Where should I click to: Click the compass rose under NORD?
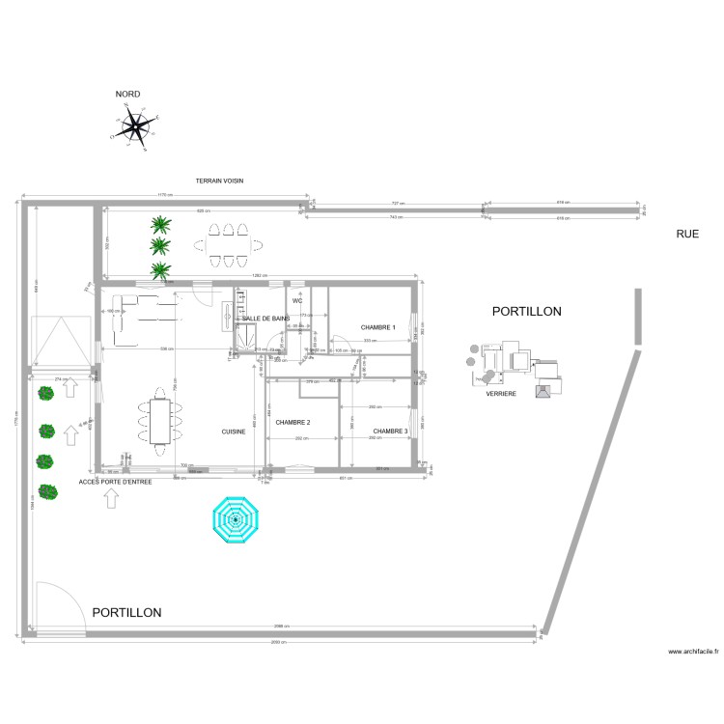coord(135,126)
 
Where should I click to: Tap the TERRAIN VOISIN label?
coord(220,181)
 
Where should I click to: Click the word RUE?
coord(687,235)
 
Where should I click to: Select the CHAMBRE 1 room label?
coord(378,327)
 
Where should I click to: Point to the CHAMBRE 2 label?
coord(292,423)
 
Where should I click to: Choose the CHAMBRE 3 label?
coord(390,431)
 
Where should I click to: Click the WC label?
coord(298,301)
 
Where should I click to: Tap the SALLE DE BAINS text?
coord(265,319)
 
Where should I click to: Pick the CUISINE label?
coord(234,432)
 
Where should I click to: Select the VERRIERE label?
coord(500,394)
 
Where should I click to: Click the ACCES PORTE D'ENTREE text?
coord(115,481)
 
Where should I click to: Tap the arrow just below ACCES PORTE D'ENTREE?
coord(111,498)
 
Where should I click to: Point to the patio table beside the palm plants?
coord(228,245)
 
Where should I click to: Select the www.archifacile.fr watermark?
coord(693,652)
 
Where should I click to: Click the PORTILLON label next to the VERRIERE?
coord(526,312)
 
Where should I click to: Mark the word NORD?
coord(127,95)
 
